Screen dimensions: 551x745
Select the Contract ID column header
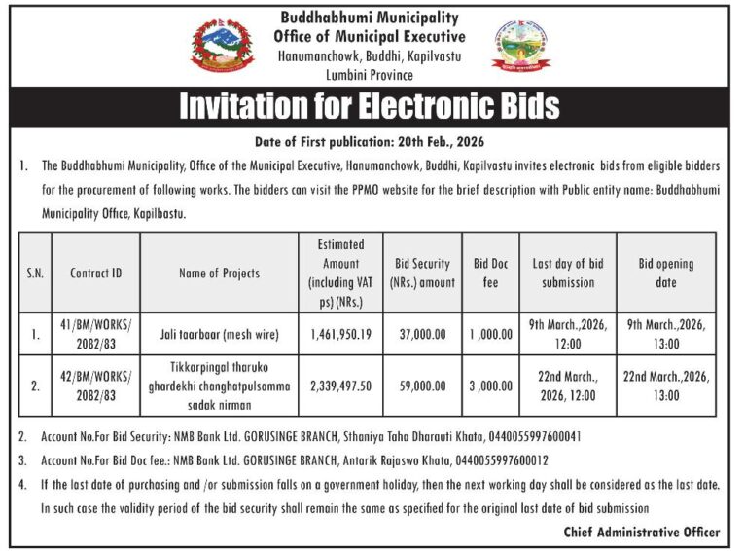[x=96, y=274]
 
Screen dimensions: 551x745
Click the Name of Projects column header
[x=219, y=274]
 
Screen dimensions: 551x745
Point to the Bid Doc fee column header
[x=490, y=274]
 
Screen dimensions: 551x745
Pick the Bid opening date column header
[x=666, y=274]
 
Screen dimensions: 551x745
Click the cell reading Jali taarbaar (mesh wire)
[x=219, y=334]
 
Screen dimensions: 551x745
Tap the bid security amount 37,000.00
[x=422, y=334]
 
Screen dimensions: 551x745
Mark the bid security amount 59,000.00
[x=422, y=386]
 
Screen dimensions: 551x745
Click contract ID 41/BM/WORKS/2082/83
[x=96, y=334]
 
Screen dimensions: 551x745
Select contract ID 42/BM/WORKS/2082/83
[x=96, y=386]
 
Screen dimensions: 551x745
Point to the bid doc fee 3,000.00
[x=490, y=386]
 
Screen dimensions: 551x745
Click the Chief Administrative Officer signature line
[x=642, y=532]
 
